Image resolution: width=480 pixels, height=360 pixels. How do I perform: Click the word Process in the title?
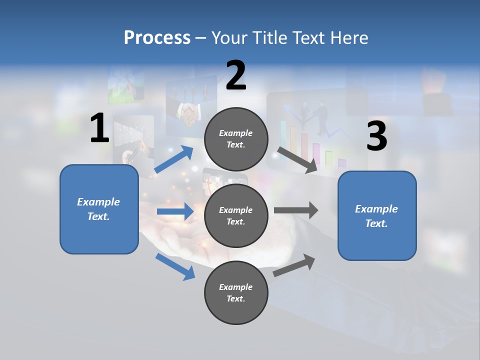(157, 37)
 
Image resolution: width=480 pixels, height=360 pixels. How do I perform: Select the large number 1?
(99, 128)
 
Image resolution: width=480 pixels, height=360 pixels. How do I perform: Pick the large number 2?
(236, 76)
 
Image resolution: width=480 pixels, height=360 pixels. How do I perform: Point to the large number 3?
(376, 136)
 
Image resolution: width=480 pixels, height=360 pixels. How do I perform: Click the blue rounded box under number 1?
(99, 209)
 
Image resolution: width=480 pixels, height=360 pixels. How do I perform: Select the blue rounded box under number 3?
(377, 216)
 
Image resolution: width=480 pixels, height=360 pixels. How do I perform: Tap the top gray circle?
(236, 139)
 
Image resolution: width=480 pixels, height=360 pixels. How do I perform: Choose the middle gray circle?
(236, 215)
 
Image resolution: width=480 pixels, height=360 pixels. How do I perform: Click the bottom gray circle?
(236, 292)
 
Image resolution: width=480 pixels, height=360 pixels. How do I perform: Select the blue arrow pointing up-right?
(174, 159)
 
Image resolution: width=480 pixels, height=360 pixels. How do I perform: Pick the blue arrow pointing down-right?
(175, 266)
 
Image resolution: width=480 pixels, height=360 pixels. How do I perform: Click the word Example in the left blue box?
(98, 202)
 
